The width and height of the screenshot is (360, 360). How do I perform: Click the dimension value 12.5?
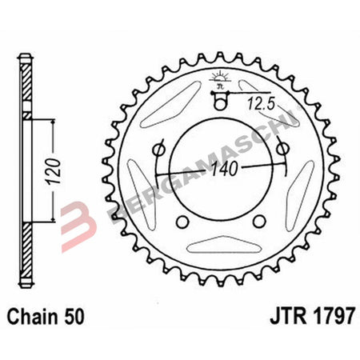262,102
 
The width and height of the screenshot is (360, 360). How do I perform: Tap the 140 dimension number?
226,170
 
